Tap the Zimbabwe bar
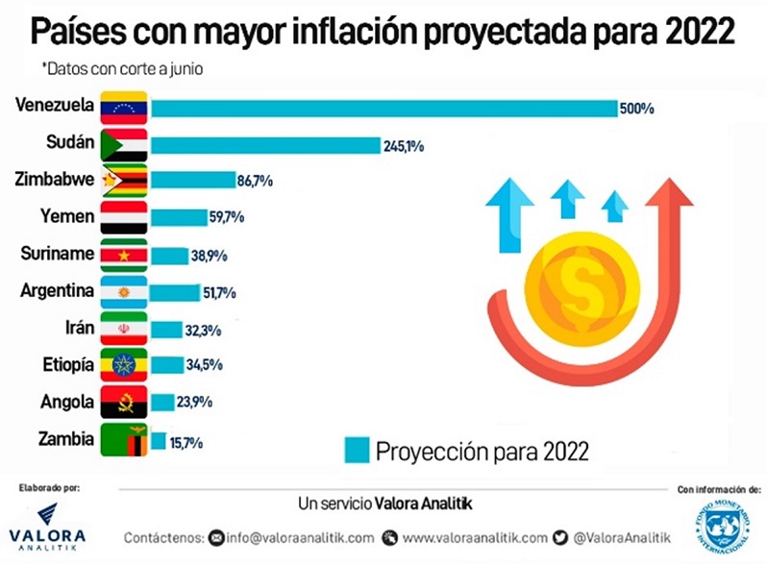tap(192, 181)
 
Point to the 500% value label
tap(636, 110)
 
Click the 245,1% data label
tap(404, 146)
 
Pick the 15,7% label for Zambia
tap(186, 442)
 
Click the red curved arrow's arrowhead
tap(669, 196)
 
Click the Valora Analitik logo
tap(46, 524)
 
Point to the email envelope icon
tap(216, 537)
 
